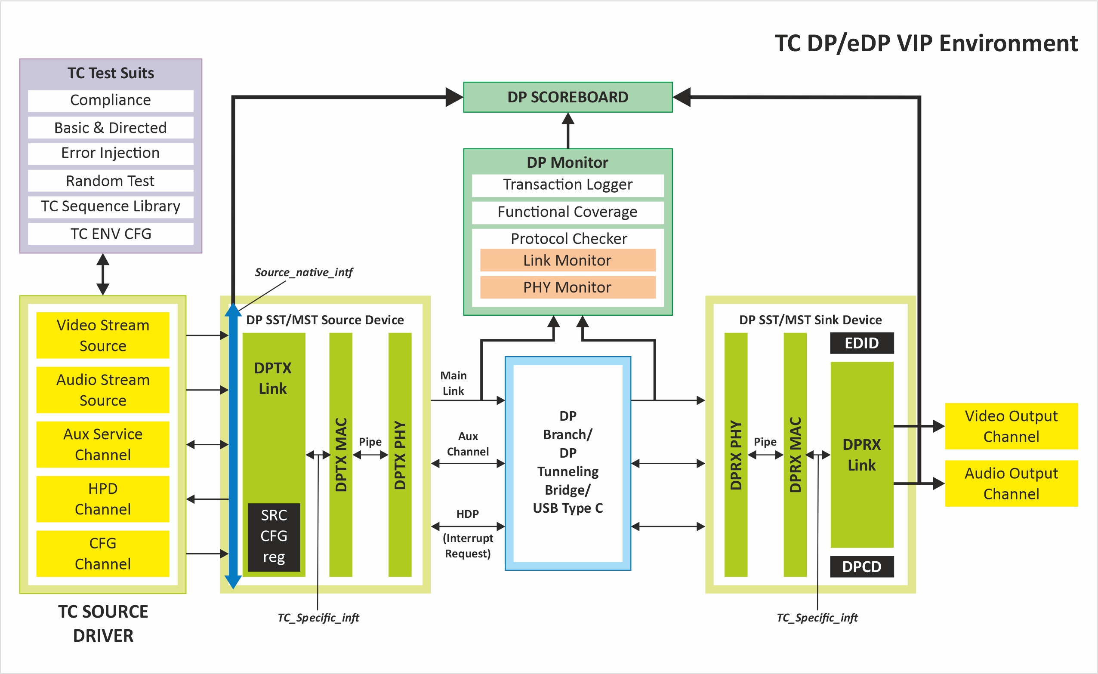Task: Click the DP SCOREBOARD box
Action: tap(568, 97)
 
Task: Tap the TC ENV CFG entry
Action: tap(111, 234)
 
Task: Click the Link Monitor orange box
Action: tap(568, 260)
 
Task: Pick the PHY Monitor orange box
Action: tap(568, 287)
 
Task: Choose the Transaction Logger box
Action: tap(568, 185)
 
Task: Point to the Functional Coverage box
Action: tap(568, 212)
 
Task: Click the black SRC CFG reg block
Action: tap(274, 537)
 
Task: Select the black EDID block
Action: tap(861, 343)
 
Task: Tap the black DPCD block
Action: tap(861, 566)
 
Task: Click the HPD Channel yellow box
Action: tap(102, 499)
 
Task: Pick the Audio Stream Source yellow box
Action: tap(102, 390)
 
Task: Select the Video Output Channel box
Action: tap(1011, 426)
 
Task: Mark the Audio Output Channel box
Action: tap(1011, 483)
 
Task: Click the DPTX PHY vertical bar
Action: tap(400, 455)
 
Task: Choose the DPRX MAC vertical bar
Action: tap(795, 455)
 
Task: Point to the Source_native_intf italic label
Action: tap(304, 272)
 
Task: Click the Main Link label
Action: tap(453, 383)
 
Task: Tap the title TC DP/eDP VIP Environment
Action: tap(926, 44)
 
